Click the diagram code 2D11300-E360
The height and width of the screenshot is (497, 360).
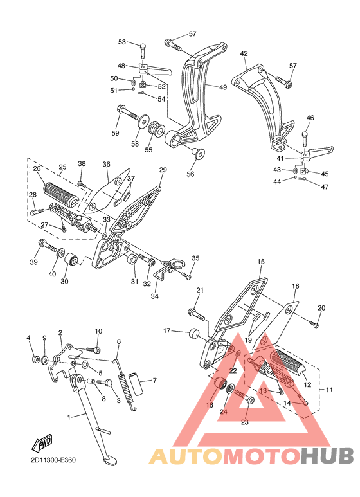pyautogui.click(x=53, y=460)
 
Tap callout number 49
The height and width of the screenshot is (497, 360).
pyautogui.click(x=223, y=87)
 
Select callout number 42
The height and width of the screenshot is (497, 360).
pyautogui.click(x=244, y=53)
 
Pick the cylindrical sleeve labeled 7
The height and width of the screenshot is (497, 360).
pyautogui.click(x=136, y=384)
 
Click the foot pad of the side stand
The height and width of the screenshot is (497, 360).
pyautogui.click(x=108, y=459)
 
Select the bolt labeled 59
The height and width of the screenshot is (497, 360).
pyautogui.click(x=127, y=112)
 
